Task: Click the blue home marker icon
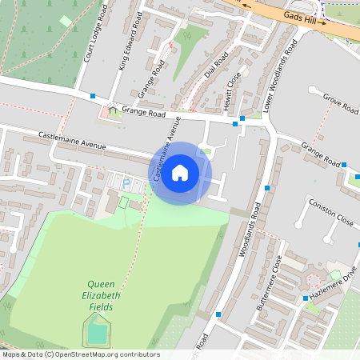(180, 172)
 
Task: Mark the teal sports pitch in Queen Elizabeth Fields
(97, 330)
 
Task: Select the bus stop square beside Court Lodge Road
(94, 96)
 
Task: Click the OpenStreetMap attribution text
(80, 354)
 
